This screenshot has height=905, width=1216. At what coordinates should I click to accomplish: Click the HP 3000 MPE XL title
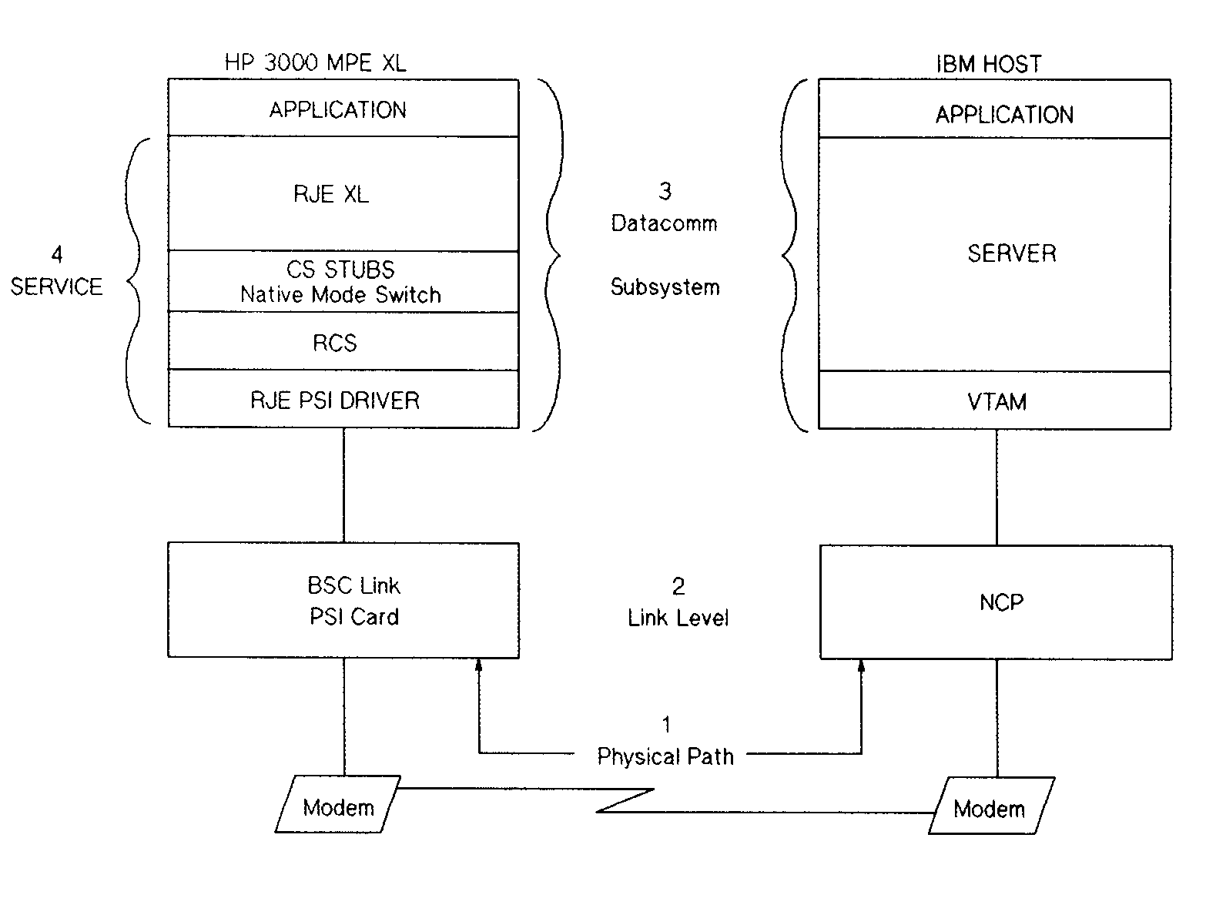(x=315, y=63)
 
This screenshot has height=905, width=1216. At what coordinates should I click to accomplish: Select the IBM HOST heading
(x=989, y=64)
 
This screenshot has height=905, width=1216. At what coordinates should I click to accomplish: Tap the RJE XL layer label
(x=331, y=194)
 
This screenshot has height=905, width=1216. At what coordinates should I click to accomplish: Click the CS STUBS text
(x=340, y=270)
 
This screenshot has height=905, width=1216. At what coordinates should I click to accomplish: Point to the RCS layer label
(x=335, y=343)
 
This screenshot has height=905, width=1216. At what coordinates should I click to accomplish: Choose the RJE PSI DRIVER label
(x=335, y=401)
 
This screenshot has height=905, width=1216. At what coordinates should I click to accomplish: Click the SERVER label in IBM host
(x=1011, y=253)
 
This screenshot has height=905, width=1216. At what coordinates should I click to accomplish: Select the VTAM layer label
(x=997, y=402)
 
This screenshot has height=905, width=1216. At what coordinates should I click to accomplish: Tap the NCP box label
(x=1001, y=602)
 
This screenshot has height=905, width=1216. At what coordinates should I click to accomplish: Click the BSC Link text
(x=353, y=586)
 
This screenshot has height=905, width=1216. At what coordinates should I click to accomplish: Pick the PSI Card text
(x=354, y=617)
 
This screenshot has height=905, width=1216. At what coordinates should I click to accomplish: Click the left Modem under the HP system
(x=338, y=807)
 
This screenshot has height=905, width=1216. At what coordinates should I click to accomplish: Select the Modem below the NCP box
(x=990, y=809)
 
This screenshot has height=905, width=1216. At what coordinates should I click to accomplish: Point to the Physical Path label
(x=665, y=757)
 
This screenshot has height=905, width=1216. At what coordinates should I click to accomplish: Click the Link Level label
(x=678, y=618)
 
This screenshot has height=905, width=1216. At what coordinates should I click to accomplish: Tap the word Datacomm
(x=664, y=223)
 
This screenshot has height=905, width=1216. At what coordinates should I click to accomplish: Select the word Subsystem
(x=665, y=287)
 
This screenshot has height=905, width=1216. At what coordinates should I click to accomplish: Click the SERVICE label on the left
(x=56, y=287)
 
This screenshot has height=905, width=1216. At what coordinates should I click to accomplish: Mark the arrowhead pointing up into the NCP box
(x=861, y=665)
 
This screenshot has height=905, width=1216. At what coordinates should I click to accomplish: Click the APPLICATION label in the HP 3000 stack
(x=337, y=110)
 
